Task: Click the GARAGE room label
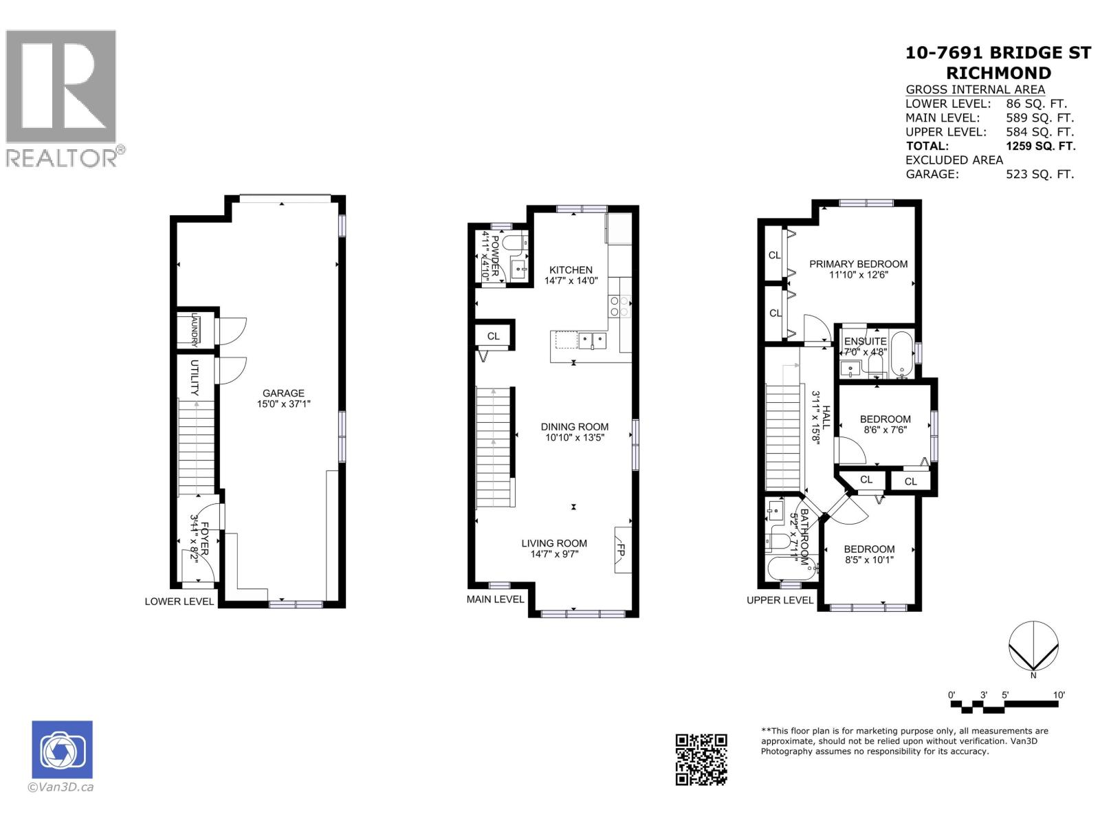283,393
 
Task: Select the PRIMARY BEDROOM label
858,264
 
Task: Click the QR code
701,759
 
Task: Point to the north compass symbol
1033,646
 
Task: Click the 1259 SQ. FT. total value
1040,146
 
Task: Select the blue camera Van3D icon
62,750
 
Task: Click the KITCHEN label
571,270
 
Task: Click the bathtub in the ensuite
901,354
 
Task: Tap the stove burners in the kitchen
619,305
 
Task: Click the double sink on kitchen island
592,340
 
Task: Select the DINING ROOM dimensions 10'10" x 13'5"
574,437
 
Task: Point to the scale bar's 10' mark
1059,696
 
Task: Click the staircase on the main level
494,447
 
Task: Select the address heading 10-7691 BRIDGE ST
998,53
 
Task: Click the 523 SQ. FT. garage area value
1039,175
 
